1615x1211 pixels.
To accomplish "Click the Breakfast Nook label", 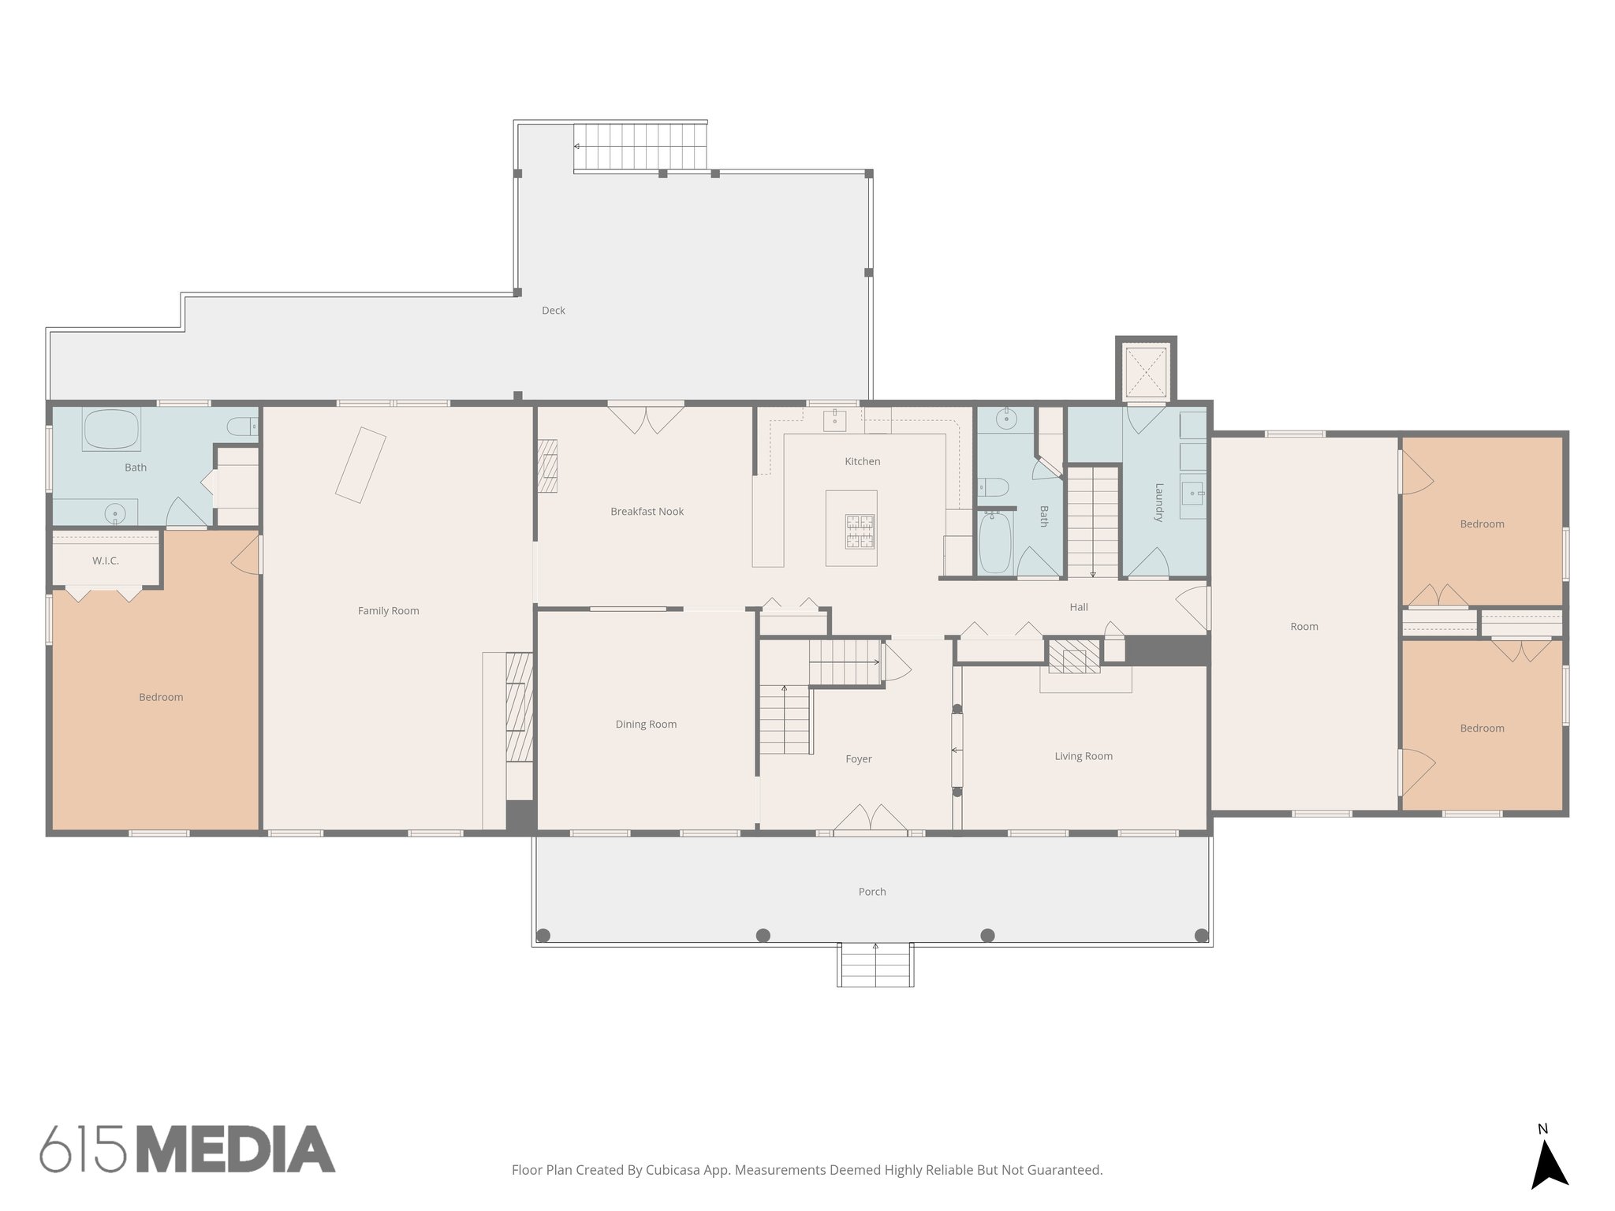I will (x=647, y=512).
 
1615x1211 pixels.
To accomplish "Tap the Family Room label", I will (x=388, y=611).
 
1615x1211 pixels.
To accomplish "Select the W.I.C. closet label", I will (x=106, y=561).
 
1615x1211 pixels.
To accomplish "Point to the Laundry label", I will (x=1159, y=502).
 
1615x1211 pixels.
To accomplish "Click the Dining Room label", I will (x=646, y=725).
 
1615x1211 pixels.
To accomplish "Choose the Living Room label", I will (x=1084, y=756).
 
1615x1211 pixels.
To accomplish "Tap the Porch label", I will (x=872, y=892).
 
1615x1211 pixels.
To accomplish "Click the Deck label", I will (x=554, y=311).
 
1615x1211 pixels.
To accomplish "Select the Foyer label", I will (x=859, y=759).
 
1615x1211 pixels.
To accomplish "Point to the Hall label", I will (x=1079, y=607).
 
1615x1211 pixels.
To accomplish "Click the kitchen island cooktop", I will (x=860, y=531).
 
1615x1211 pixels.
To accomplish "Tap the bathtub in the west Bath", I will (x=111, y=430).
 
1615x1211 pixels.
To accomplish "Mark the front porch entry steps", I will (x=875, y=966).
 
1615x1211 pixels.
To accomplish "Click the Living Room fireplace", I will (x=1074, y=656).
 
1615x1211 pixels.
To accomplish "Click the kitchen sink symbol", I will (x=834, y=420).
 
